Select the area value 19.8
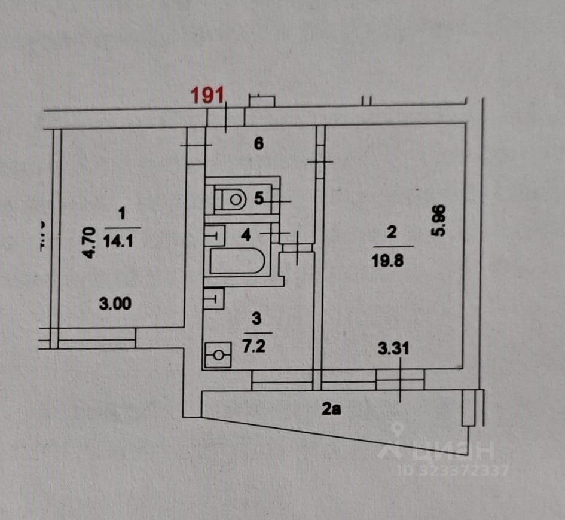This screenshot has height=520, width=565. click(x=392, y=261)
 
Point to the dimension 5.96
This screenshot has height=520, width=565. click(x=441, y=221)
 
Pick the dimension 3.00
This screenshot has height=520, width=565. click(x=115, y=304)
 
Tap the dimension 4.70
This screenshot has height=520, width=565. click(x=89, y=241)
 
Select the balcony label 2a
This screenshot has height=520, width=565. click(x=332, y=409)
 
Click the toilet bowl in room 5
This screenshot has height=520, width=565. click(x=231, y=198)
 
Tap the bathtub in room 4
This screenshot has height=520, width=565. click(x=237, y=261)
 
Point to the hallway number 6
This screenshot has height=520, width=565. click(x=258, y=143)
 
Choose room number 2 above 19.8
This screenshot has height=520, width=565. click(x=392, y=233)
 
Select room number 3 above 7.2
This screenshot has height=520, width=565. click(x=257, y=320)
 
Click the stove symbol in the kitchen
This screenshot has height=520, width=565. click(x=218, y=356)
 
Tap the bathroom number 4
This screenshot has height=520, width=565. click(x=245, y=234)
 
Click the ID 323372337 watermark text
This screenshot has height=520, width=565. click(x=453, y=470)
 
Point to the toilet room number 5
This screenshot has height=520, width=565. click(x=258, y=198)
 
